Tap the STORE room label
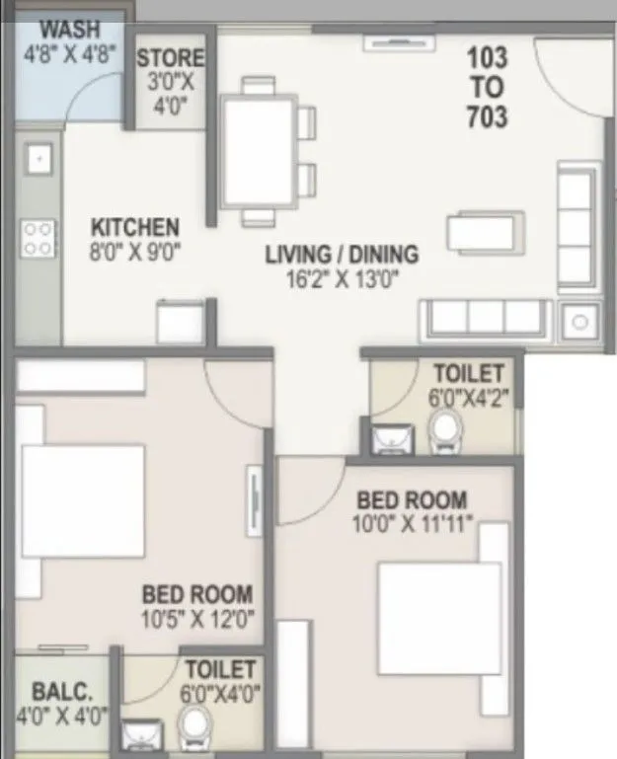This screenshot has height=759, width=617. pyautogui.click(x=171, y=59)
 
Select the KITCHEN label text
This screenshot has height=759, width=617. pyautogui.click(x=135, y=227)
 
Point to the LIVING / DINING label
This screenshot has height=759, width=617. pyautogui.click(x=342, y=254)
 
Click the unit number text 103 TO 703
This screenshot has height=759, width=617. pyautogui.click(x=488, y=88)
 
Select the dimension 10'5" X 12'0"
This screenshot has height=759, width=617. pyautogui.click(x=197, y=620)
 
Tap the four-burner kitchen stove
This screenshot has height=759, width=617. pyautogui.click(x=39, y=238)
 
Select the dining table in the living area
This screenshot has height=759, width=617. pyautogui.click(x=259, y=150)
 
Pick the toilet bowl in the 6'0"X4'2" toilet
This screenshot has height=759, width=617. pyautogui.click(x=447, y=431)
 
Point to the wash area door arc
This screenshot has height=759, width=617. pyautogui.click(x=94, y=99)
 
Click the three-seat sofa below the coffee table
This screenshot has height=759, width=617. pyautogui.click(x=484, y=318)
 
